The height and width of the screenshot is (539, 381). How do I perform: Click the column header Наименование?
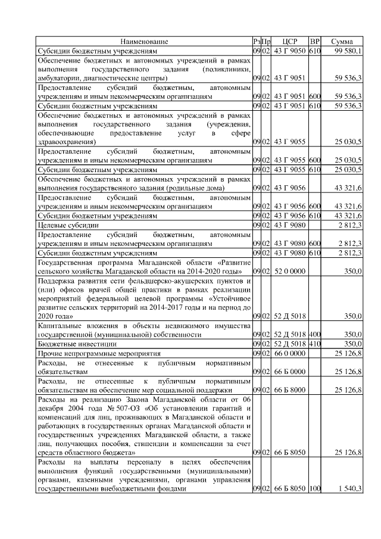[144, 42]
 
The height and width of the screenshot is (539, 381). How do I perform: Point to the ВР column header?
[316, 42]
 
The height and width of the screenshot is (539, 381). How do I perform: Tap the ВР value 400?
[316, 334]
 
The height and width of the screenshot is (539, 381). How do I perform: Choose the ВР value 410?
[316, 344]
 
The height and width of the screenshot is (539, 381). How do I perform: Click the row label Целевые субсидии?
[68, 225]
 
